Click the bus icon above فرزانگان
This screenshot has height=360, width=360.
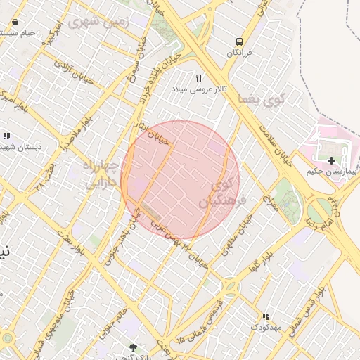click(240, 42)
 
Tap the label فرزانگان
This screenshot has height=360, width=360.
click(240, 53)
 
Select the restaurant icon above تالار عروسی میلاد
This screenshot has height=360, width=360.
click(199, 79)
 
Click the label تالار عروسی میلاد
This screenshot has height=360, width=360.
click(198, 89)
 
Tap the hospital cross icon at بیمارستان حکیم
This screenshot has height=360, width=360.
click(332, 161)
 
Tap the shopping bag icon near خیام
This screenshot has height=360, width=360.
click(15, 22)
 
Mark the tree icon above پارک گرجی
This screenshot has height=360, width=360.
click(134, 347)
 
